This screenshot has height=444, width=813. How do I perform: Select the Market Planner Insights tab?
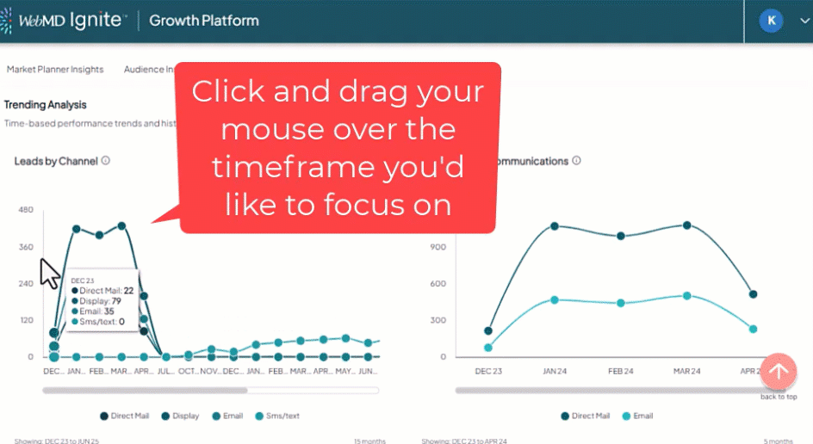pos(55,70)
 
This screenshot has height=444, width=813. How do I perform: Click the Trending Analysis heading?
pos(46,105)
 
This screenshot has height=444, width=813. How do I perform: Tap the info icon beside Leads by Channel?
pos(106,161)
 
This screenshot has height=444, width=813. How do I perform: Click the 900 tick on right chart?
pos(440,247)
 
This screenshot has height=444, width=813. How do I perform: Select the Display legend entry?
pos(179,416)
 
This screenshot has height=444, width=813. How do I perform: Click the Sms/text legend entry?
pos(276,416)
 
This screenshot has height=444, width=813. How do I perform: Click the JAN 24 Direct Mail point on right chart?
pos(555,226)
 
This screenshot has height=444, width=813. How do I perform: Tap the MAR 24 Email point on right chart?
pos(686,296)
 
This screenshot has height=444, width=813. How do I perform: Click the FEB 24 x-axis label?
pos(621,371)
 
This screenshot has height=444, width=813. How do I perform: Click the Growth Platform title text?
pos(204,21)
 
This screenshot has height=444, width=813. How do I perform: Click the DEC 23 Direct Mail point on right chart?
pos(489,330)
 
